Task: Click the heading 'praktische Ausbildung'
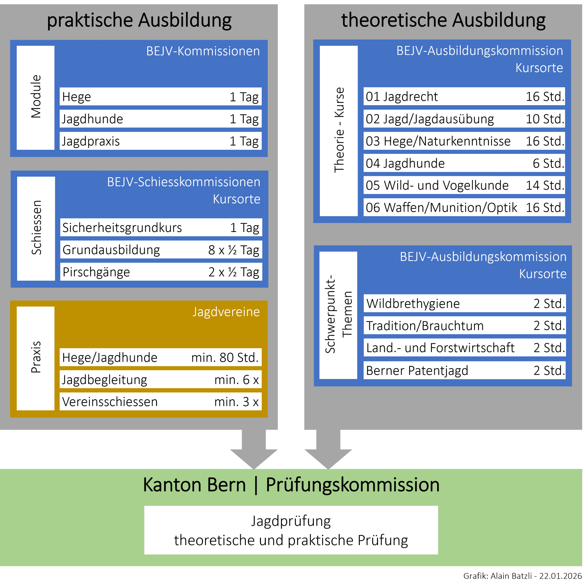(x=139, y=20)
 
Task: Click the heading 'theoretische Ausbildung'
(x=443, y=20)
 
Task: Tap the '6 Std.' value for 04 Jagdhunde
(x=548, y=163)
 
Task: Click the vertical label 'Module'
(x=36, y=97)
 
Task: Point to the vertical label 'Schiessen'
(x=36, y=228)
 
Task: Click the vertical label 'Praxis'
(x=36, y=357)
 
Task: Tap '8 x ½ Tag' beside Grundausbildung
(x=233, y=250)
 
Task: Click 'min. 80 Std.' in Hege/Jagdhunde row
(x=225, y=357)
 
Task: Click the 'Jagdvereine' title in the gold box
(x=226, y=312)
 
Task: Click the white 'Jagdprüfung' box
(x=291, y=531)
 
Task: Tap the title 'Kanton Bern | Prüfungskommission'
(x=291, y=485)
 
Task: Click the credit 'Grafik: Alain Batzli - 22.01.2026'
(x=522, y=576)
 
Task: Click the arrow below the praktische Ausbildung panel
(x=254, y=449)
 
